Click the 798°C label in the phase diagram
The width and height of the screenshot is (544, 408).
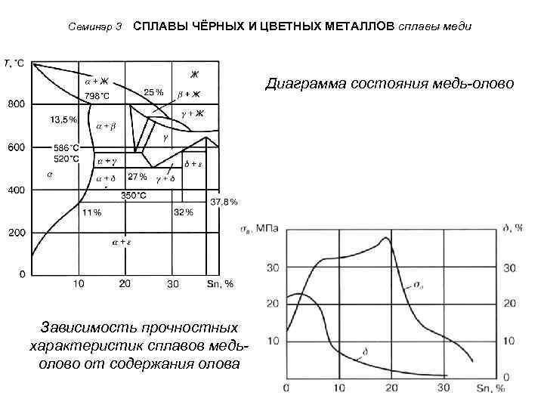pos(97,96)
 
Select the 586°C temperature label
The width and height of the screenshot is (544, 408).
pos(66,147)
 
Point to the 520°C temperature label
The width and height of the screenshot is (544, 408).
pos(66,159)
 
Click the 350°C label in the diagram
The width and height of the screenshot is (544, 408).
pos(134,195)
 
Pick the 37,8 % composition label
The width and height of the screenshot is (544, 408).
pos(224,202)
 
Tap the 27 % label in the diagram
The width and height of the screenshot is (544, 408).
pos(138,178)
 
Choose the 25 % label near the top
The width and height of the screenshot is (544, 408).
pos(153,91)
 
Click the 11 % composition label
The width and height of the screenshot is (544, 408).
pos(91,212)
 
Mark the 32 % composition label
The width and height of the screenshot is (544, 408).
pos(184,212)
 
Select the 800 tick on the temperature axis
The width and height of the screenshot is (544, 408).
pos(16,104)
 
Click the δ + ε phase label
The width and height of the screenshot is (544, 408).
pos(195,164)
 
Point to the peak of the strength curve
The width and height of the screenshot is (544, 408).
pos(387,238)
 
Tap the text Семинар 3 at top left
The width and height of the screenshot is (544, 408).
pos(95,27)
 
